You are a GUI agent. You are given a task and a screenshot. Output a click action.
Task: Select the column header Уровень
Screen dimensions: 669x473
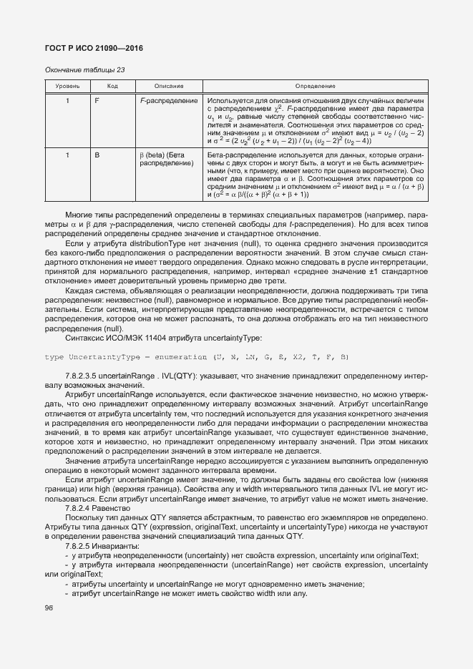67,86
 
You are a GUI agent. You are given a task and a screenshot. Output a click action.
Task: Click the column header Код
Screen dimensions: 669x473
112,86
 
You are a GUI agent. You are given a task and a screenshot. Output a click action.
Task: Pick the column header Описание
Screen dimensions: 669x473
168,86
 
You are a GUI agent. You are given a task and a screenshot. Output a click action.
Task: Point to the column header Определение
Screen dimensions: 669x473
314,86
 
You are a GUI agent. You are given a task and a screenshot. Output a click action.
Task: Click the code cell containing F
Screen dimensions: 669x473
97,101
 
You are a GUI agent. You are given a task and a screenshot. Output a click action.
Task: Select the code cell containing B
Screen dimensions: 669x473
97,155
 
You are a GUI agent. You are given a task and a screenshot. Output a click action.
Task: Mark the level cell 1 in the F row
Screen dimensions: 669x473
67,101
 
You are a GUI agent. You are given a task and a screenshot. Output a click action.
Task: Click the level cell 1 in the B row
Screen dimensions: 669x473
67,155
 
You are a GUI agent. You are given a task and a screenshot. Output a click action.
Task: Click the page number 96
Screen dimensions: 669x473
49,608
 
